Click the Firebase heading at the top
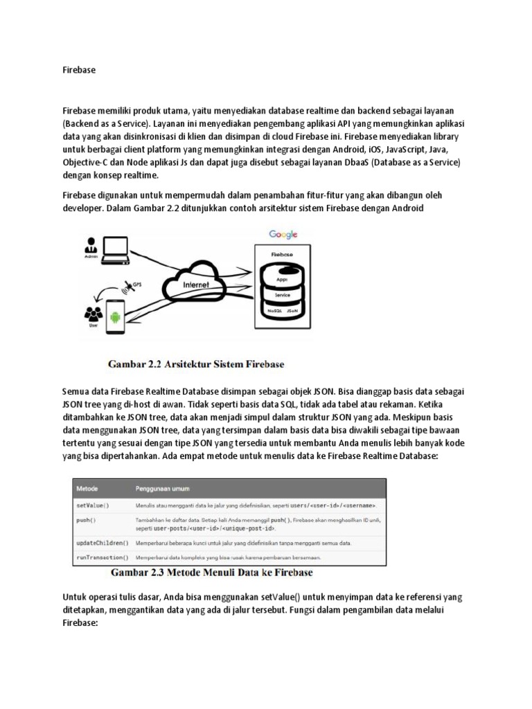(78, 70)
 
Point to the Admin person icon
(90, 245)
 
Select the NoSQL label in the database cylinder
(273, 312)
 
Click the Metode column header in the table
(89, 487)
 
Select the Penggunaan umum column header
(162, 487)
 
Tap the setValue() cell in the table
(92, 504)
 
